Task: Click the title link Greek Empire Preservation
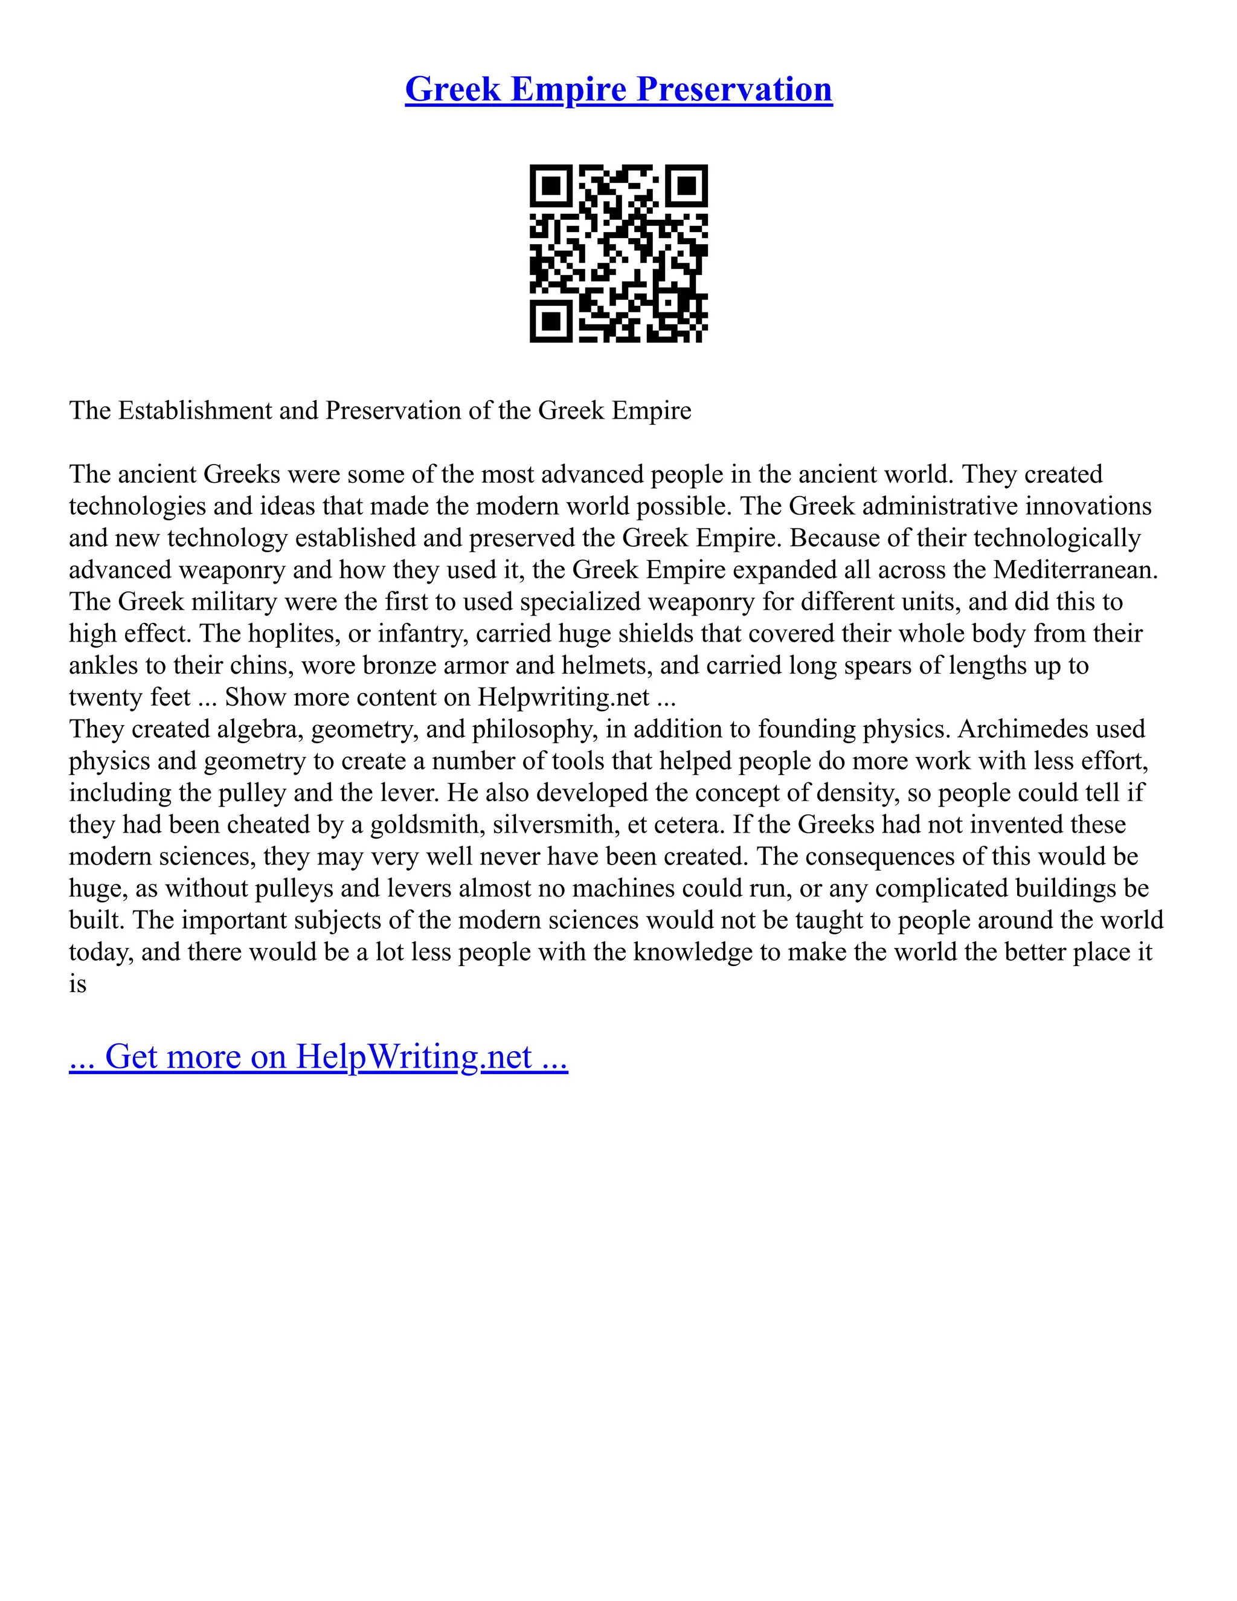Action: tap(618, 89)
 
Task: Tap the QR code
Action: tap(618, 253)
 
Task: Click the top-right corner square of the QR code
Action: tap(686, 186)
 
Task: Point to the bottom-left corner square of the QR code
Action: tap(551, 320)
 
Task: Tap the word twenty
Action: tap(100, 697)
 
